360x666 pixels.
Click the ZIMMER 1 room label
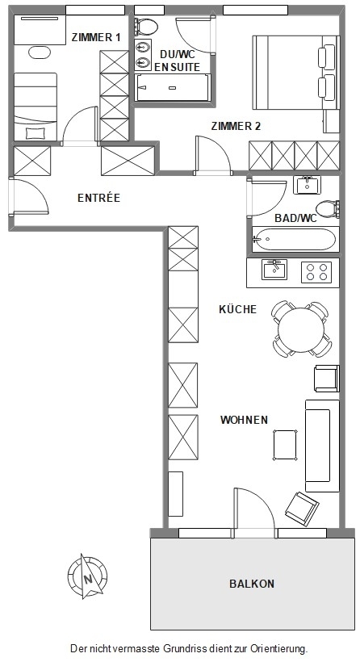[96, 37]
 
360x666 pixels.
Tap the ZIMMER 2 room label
[236, 126]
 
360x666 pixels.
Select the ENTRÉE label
[98, 198]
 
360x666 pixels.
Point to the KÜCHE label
[237, 309]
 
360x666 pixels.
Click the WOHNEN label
[245, 420]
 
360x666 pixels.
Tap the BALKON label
[252, 584]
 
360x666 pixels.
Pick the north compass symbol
[86, 576]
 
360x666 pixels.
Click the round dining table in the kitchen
[301, 329]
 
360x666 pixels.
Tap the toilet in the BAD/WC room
[328, 209]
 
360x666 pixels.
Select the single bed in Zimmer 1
[36, 106]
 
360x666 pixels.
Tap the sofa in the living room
[317, 445]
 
